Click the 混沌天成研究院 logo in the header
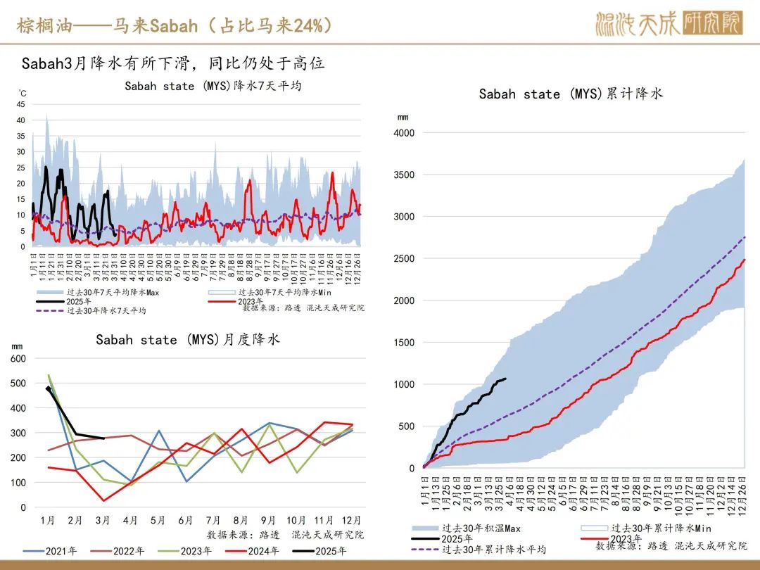(668, 25)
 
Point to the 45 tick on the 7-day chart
(21, 104)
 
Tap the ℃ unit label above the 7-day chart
(23, 92)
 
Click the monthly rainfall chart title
(188, 340)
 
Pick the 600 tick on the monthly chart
(18, 358)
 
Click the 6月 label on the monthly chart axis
(186, 521)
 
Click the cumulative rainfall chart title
(571, 94)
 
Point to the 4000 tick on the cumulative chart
(403, 133)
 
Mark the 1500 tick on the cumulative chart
(403, 343)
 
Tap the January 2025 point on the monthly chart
(48, 388)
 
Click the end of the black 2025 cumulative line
(506, 379)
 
